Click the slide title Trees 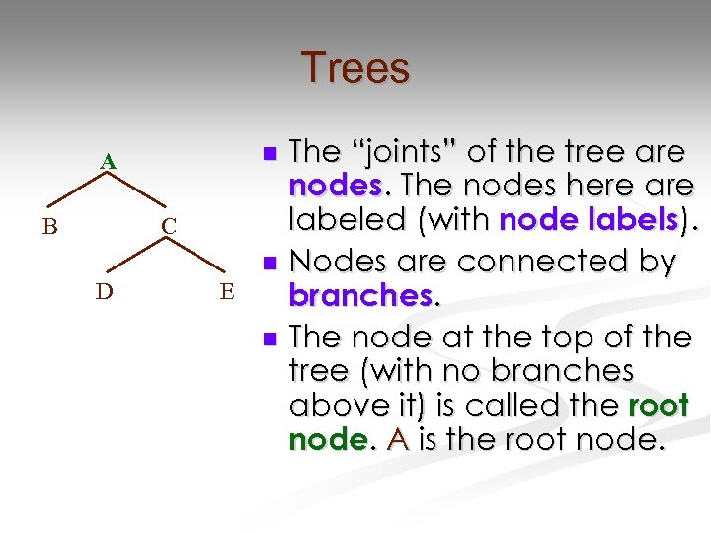[355, 68]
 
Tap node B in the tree [49, 227]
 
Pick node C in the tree [169, 227]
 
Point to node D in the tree [104, 291]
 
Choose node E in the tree [227, 291]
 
